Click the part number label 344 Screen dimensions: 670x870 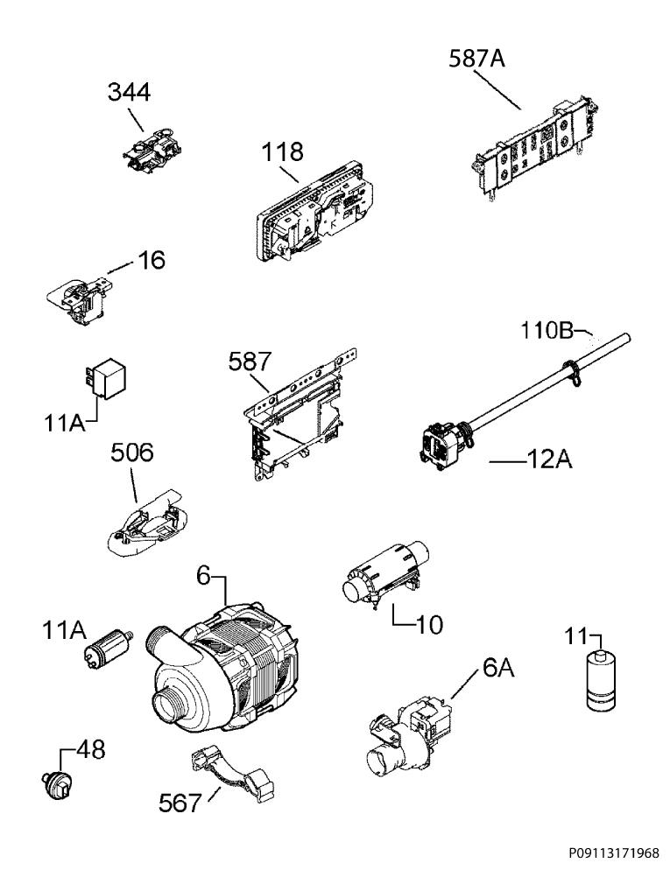point(129,92)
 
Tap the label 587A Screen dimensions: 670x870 point(476,58)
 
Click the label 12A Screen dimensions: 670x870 point(548,460)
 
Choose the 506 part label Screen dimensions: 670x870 point(132,453)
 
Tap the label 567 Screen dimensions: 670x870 point(180,803)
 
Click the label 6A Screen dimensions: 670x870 point(498,668)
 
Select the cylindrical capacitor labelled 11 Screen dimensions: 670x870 point(601,680)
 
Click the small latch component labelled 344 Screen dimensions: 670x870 point(152,147)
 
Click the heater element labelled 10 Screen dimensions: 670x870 point(385,572)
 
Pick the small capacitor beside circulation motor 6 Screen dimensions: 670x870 point(109,649)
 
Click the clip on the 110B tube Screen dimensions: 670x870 point(571,371)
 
